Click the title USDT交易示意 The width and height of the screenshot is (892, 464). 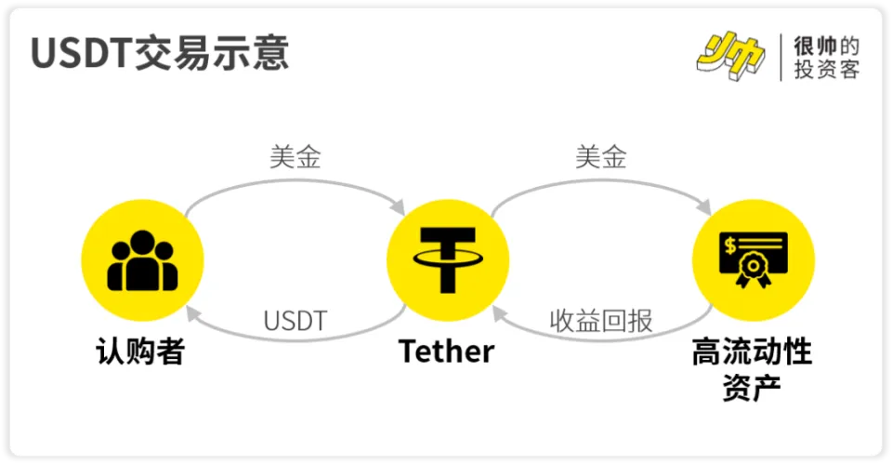click(x=159, y=52)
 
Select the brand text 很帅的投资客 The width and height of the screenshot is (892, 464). click(x=827, y=57)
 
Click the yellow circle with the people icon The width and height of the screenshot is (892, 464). click(x=142, y=260)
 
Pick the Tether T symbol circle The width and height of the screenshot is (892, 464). click(x=448, y=260)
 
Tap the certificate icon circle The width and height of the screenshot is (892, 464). click(x=754, y=260)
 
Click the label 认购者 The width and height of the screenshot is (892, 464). click(x=140, y=351)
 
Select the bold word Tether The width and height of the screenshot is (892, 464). click(x=447, y=351)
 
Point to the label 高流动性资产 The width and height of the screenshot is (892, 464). click(x=752, y=369)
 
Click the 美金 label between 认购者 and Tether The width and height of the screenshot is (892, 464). click(x=295, y=156)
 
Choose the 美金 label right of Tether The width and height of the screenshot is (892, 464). click(x=601, y=156)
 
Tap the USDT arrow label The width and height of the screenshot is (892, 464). click(x=295, y=321)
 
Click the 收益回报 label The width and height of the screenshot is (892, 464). click(x=601, y=321)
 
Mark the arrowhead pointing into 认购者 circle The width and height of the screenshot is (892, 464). click(x=193, y=313)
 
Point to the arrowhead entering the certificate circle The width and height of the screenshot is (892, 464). click(x=704, y=207)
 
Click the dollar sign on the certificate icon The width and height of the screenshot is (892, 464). click(x=730, y=245)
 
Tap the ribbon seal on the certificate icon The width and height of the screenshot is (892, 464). click(x=754, y=271)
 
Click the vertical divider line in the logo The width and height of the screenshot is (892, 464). click(x=780, y=57)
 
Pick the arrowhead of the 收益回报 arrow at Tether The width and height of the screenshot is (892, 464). click(x=499, y=313)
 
